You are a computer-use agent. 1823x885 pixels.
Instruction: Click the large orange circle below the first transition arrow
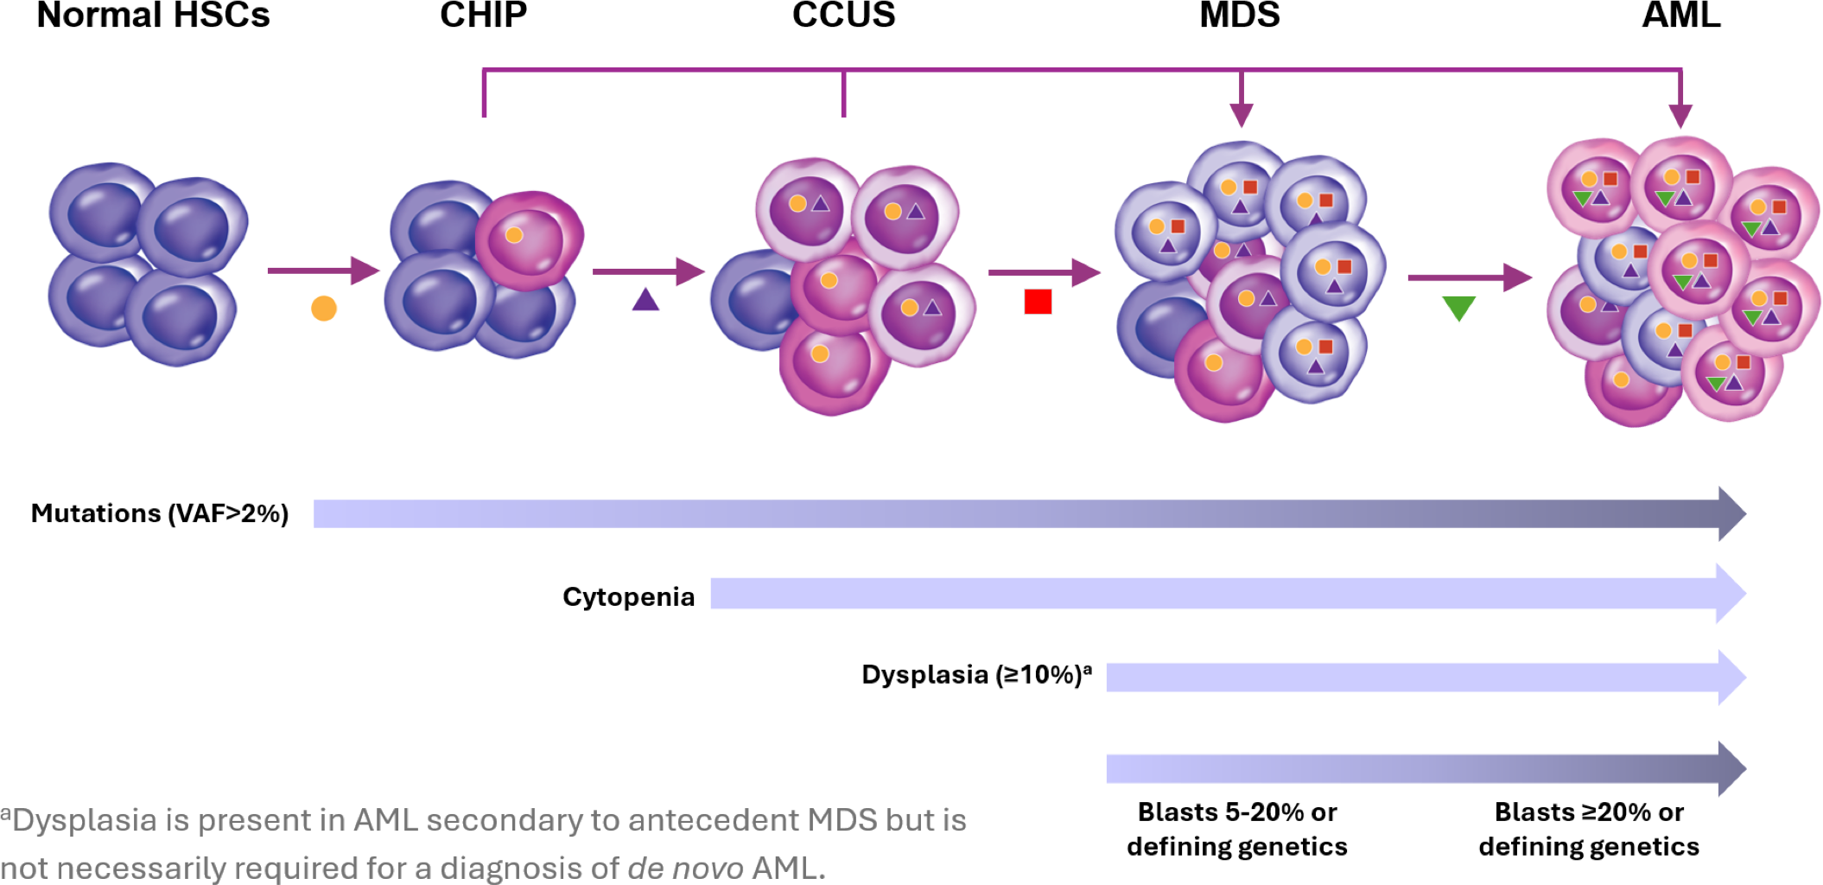coord(323,308)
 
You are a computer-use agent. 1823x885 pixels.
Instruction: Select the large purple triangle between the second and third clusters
coord(645,301)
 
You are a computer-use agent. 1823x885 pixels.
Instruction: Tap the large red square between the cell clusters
coord(1038,302)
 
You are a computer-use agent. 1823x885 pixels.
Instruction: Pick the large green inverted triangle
coord(1458,308)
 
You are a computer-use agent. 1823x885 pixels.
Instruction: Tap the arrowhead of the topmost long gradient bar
coord(1731,513)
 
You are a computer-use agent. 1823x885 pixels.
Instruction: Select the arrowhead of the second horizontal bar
coord(1731,594)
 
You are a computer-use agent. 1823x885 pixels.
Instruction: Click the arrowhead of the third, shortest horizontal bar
coord(1731,678)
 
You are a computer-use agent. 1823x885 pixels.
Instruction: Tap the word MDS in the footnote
coord(842,819)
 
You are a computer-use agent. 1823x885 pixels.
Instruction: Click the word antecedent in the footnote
coord(714,819)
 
